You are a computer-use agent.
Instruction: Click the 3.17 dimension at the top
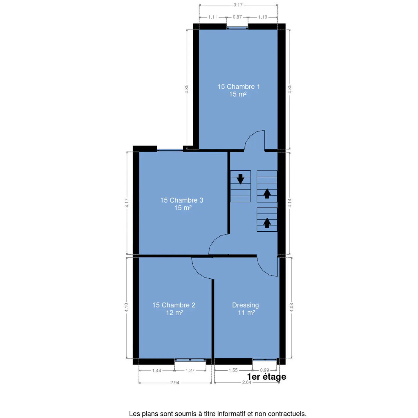click(238, 5)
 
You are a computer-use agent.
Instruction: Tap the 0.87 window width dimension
click(237, 17)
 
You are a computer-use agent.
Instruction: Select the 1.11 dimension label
click(212, 17)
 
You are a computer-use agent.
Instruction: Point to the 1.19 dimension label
click(262, 17)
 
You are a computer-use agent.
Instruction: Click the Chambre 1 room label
click(238, 87)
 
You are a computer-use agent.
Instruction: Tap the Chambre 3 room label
click(181, 200)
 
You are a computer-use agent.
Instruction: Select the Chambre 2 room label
click(174, 305)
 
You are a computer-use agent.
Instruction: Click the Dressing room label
click(245, 305)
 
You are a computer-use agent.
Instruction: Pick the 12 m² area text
click(175, 313)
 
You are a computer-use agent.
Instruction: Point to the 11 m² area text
click(246, 313)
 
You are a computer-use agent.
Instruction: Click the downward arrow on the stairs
click(240, 179)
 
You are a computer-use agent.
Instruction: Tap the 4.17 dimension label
click(127, 203)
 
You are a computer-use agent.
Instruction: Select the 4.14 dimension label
click(290, 203)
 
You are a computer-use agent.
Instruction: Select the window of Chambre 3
click(170, 150)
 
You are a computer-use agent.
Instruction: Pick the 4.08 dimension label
click(291, 308)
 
